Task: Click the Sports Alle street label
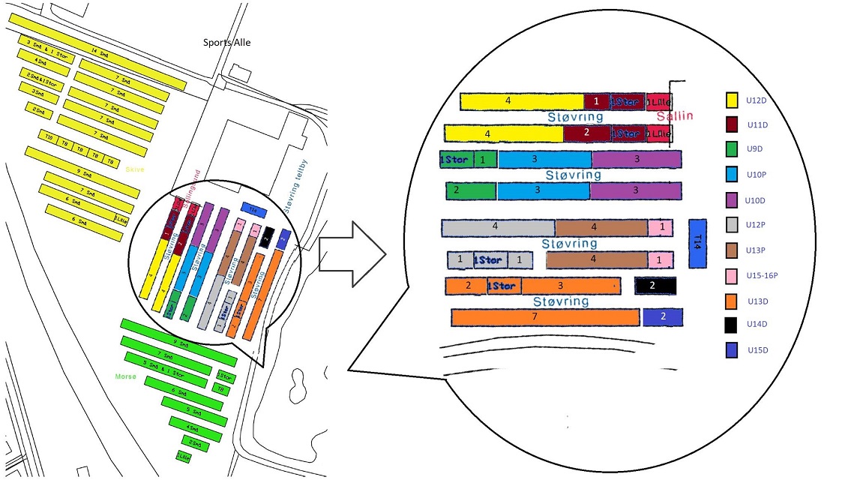coord(227,42)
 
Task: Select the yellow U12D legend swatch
coord(732,99)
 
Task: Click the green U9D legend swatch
coord(732,149)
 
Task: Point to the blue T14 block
coord(697,243)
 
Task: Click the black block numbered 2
coord(655,286)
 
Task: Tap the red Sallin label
coord(675,115)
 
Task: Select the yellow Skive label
coord(135,169)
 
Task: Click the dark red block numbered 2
coord(586,133)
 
